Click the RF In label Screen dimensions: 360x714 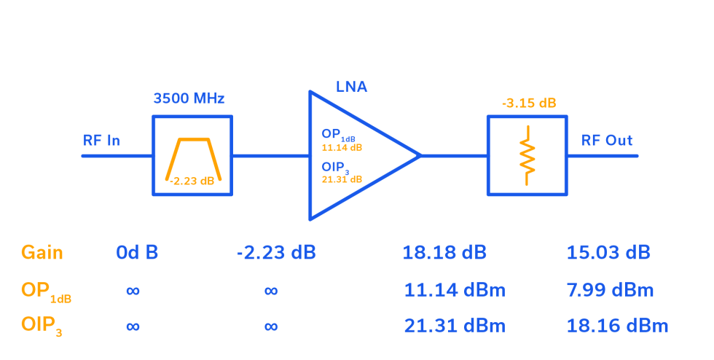(x=101, y=140)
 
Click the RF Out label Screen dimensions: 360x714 (x=607, y=140)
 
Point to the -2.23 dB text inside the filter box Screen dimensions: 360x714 (x=192, y=181)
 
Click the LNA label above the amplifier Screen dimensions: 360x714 (x=351, y=87)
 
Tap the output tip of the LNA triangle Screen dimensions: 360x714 (x=420, y=155)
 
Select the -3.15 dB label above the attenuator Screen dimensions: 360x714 (x=528, y=103)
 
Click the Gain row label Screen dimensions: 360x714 (x=42, y=253)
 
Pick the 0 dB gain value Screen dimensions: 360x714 (x=137, y=253)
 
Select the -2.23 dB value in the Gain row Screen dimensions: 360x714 (x=276, y=253)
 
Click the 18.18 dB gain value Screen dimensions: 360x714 (x=444, y=253)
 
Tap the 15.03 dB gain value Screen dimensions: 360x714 (x=608, y=253)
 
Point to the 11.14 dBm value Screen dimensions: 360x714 (x=455, y=290)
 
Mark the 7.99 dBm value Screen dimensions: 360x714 (x=611, y=290)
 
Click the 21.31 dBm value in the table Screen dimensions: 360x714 (x=455, y=326)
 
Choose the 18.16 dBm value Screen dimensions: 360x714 (x=618, y=326)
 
